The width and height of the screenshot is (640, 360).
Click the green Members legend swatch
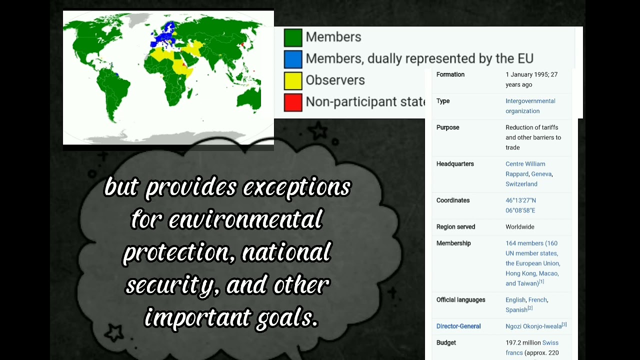coord(293,37)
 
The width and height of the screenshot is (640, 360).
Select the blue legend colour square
coord(293,59)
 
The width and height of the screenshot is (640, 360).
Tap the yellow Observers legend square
coord(293,80)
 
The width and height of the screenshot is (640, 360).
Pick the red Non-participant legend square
coord(293,102)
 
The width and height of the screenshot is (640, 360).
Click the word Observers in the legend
coord(335,80)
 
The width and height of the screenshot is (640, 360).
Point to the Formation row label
coord(450,74)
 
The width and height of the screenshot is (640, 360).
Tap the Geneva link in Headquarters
coord(541,174)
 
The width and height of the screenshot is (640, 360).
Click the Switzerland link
coord(521,184)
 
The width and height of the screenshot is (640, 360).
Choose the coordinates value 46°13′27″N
coord(520,200)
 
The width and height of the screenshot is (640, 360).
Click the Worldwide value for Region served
coord(519,227)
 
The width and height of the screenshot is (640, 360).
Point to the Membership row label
coord(453,243)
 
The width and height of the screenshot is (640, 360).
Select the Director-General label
coord(458,326)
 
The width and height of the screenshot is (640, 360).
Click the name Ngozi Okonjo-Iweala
coord(533,326)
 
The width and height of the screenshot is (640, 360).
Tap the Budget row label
coord(446,343)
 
